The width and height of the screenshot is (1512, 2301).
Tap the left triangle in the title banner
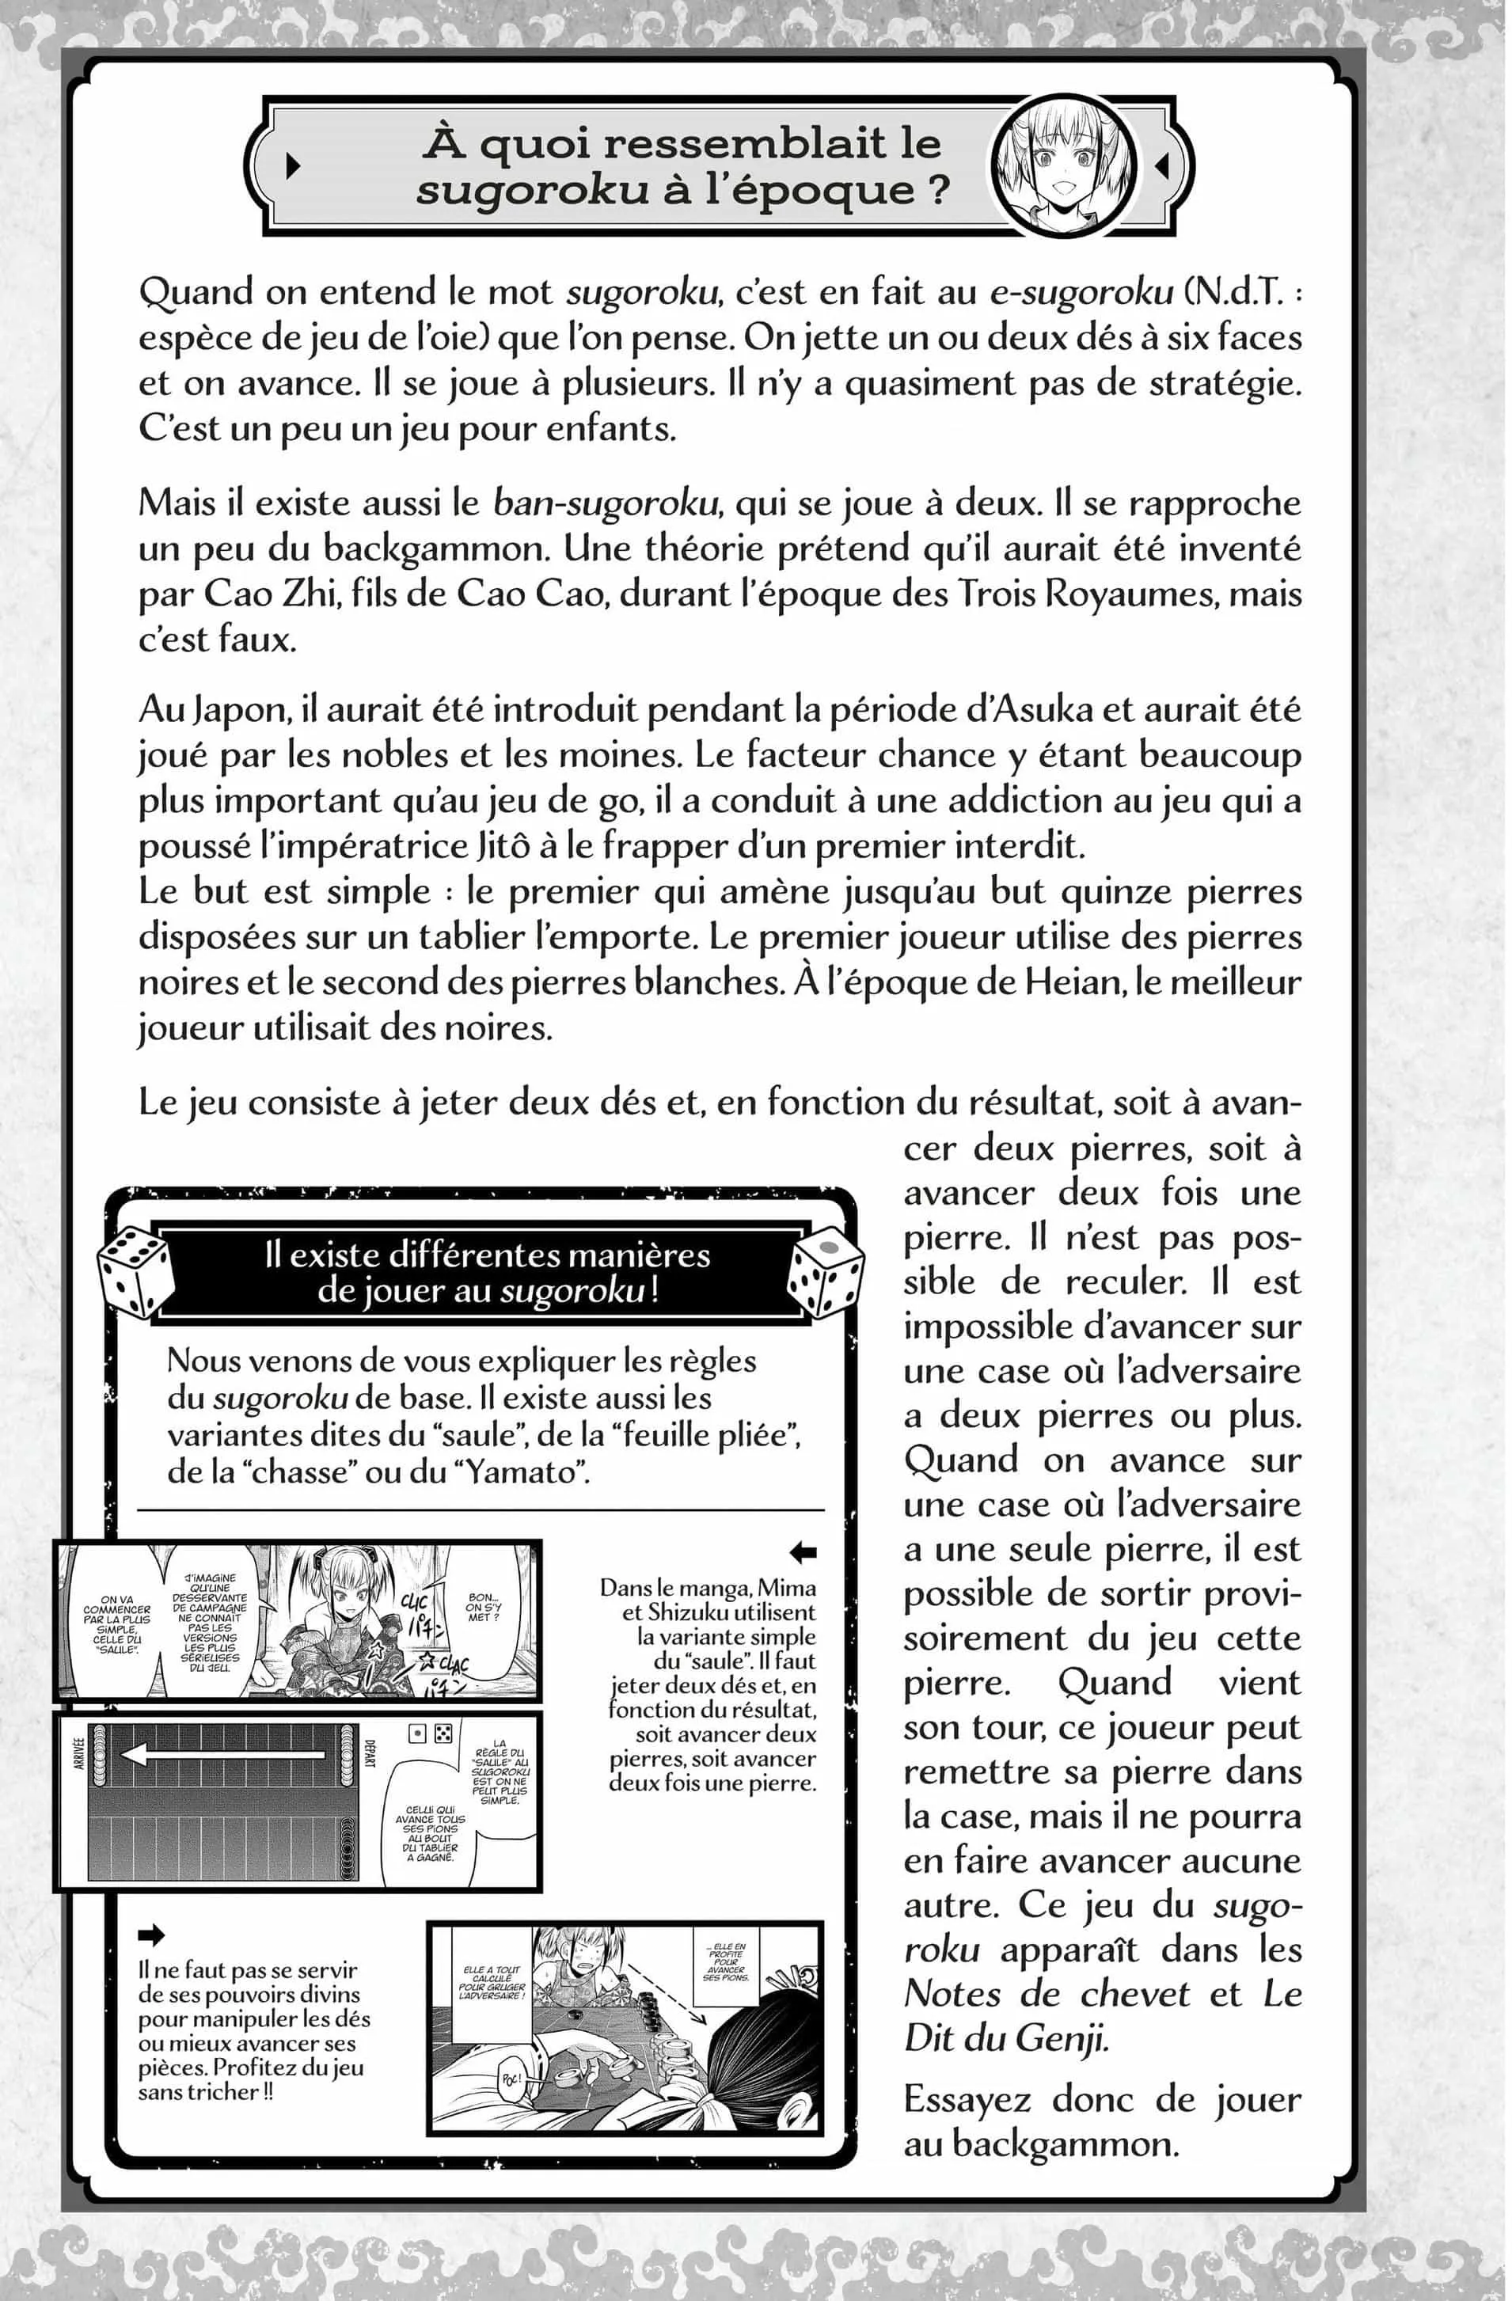[293, 165]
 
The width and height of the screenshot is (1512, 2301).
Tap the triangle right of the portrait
[1163, 165]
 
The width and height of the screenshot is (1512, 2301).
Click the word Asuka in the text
[1040, 708]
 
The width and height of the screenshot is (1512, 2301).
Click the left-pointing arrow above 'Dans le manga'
[803, 1551]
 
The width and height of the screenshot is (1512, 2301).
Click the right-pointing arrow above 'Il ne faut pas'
[152, 1935]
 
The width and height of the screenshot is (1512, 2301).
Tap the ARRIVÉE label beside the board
[79, 1754]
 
